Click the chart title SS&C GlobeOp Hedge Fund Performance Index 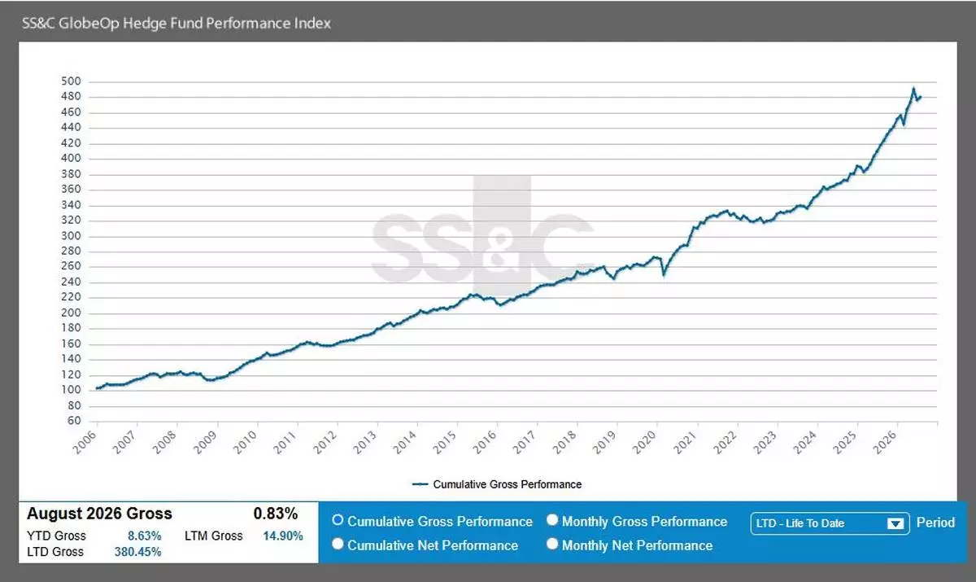(x=176, y=23)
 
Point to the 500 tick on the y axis (x=71, y=81)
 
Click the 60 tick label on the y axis (x=74, y=421)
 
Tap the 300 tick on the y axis (x=71, y=236)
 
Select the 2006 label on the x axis (x=85, y=442)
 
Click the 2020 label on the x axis (x=644, y=442)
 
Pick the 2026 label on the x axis (x=885, y=442)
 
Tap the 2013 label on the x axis (x=364, y=442)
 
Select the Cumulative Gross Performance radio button (x=338, y=520)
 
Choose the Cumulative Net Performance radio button (x=338, y=544)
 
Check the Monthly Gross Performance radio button (x=552, y=520)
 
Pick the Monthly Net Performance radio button (x=552, y=544)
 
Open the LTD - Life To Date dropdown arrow (x=895, y=523)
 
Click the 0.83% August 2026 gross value (x=276, y=514)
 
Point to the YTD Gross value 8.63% (x=144, y=536)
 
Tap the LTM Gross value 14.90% (x=283, y=536)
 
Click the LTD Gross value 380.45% (x=137, y=552)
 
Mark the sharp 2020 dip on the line (x=664, y=274)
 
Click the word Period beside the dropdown (x=935, y=523)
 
